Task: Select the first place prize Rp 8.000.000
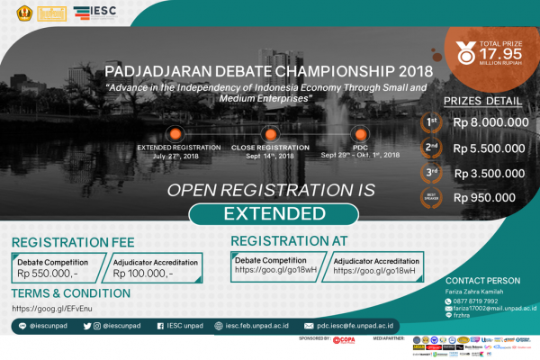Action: [x=490, y=122]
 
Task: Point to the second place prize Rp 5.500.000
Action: [x=490, y=148]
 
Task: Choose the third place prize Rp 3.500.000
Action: [x=490, y=173]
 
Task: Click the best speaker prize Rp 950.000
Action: [x=485, y=197]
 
